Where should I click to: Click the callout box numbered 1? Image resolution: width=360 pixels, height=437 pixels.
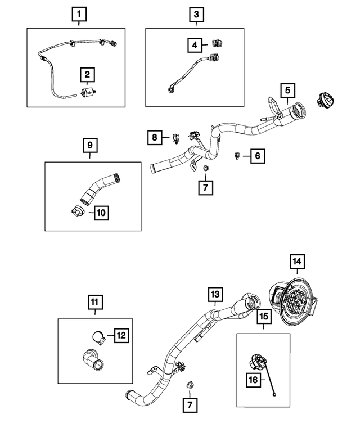(x=79, y=12)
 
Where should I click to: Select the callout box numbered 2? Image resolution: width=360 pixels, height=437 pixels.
(x=88, y=74)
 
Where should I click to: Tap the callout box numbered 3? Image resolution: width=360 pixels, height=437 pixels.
(x=196, y=12)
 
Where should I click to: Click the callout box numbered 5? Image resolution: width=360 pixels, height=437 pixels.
(x=287, y=90)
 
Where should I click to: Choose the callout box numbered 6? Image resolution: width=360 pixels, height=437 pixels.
(x=256, y=156)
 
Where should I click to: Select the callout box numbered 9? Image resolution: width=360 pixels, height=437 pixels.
(x=89, y=145)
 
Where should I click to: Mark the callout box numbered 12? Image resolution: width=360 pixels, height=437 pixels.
(x=121, y=335)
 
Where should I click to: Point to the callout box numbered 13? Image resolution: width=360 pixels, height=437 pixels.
(x=216, y=294)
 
